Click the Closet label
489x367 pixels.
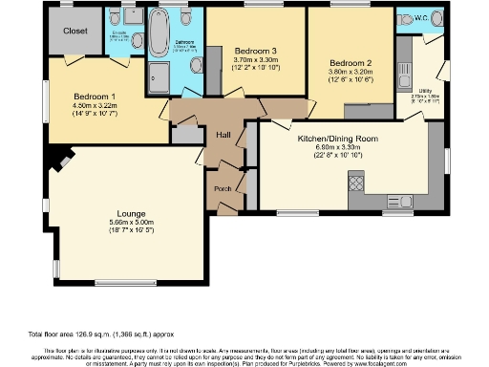tap(75, 31)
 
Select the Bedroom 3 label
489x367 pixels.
tap(255, 50)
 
